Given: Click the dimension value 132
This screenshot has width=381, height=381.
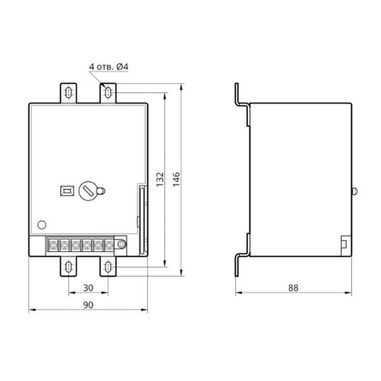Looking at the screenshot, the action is (160, 179).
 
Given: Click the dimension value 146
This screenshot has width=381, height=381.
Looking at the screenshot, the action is (177, 179).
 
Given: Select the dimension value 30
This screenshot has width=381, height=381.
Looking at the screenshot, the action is (88, 288).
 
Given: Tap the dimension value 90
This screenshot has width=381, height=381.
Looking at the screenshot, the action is (88, 305).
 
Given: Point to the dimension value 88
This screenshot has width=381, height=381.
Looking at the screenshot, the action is (293, 288).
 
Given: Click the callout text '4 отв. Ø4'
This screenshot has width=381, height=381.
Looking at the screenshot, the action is (109, 67).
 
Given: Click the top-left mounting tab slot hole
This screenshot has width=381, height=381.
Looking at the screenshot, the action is (69, 93).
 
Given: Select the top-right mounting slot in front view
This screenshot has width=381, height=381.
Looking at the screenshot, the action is (108, 93).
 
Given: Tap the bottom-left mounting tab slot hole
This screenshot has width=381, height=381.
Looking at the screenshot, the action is (69, 267).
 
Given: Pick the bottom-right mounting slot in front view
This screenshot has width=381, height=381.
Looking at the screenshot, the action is (108, 267).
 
